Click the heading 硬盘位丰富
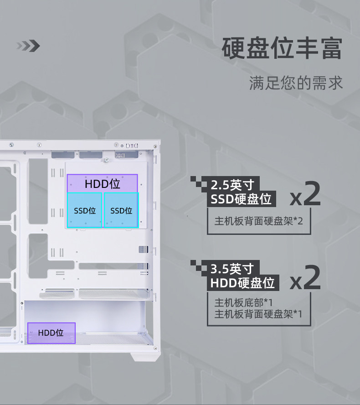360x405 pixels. [x=282, y=49]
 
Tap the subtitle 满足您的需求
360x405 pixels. [x=296, y=83]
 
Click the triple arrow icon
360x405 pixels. [x=28, y=46]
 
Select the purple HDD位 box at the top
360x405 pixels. [x=102, y=183]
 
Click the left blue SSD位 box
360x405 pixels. [x=85, y=210]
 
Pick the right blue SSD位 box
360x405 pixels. [x=121, y=210]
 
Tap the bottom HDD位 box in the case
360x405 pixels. [x=51, y=333]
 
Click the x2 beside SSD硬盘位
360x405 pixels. [x=305, y=195]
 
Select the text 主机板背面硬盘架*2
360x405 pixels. [x=258, y=221]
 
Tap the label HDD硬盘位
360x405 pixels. [x=242, y=282]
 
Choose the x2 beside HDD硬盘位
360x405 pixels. [x=305, y=278]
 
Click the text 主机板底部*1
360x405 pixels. [x=243, y=302]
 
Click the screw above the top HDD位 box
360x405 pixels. [x=106, y=160]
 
